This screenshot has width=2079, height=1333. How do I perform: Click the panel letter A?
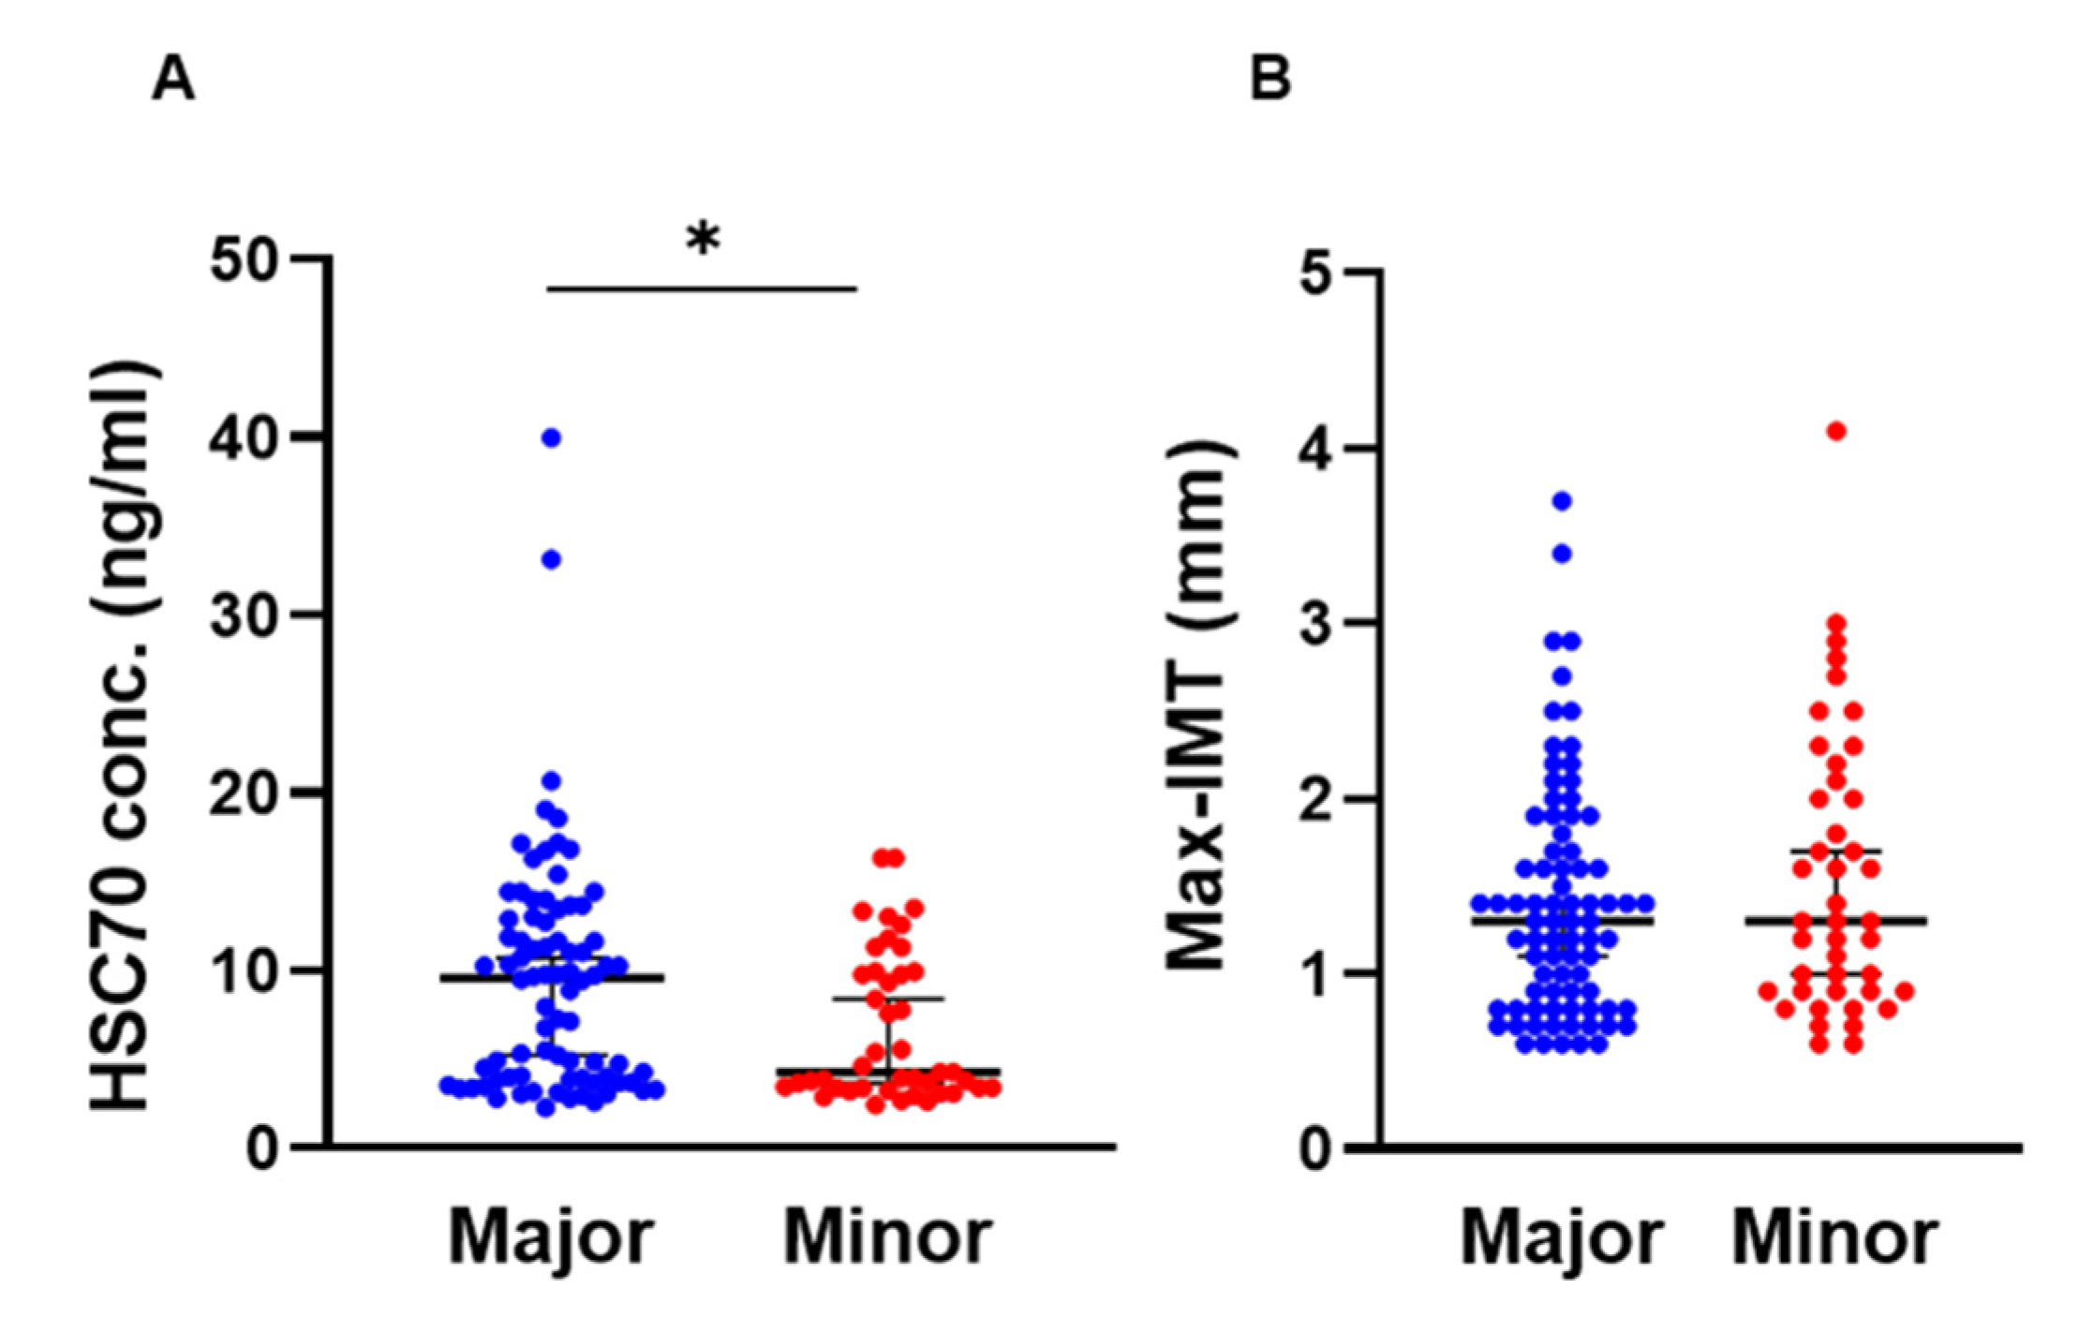click(x=173, y=80)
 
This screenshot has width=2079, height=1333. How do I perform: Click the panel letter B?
click(x=1270, y=80)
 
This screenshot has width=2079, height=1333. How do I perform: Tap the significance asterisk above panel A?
click(x=703, y=240)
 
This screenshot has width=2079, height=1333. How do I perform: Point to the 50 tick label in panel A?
click(x=246, y=259)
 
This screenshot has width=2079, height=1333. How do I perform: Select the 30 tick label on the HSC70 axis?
click(x=246, y=615)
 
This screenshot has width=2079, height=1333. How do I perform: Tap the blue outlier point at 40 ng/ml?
click(x=552, y=437)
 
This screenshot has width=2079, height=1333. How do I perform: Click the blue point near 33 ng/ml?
click(x=552, y=560)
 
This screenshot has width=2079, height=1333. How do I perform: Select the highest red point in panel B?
click(x=1836, y=431)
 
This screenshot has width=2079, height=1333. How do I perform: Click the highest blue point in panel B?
click(x=1562, y=501)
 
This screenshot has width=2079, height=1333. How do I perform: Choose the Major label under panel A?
click(x=551, y=1238)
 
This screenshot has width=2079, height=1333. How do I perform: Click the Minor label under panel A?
click(x=887, y=1238)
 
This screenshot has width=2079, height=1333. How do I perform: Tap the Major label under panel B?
click(x=1562, y=1238)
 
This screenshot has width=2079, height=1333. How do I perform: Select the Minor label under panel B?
click(x=1834, y=1238)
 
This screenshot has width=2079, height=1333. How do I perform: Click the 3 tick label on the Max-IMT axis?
click(x=1318, y=624)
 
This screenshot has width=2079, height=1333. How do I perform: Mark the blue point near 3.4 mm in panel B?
click(x=1562, y=554)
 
